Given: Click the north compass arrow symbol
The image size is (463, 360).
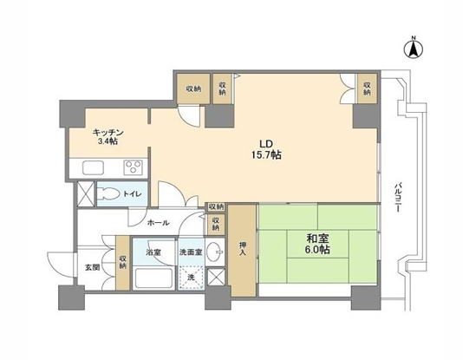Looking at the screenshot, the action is [x=414, y=49].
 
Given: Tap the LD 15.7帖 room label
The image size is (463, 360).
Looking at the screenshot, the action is [x=266, y=149].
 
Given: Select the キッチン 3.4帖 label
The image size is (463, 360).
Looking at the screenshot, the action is [x=108, y=136].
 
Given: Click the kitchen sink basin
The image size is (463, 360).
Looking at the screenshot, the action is [x=93, y=167].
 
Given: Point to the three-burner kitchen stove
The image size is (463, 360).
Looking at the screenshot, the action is [x=133, y=167].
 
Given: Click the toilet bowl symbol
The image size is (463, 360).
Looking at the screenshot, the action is [x=108, y=193].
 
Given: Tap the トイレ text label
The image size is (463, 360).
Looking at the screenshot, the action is [x=133, y=194].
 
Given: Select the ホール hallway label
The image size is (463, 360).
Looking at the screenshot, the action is [x=159, y=223].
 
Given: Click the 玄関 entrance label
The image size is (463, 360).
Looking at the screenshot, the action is [x=93, y=268].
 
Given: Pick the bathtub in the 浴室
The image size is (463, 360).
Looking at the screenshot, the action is [x=153, y=278].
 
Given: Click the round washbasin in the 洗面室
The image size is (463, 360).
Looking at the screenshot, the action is [x=214, y=252].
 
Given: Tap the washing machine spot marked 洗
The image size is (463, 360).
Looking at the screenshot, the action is [x=192, y=278].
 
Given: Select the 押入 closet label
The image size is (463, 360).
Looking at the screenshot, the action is [x=242, y=249].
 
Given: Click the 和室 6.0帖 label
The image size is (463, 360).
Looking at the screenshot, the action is [x=317, y=244].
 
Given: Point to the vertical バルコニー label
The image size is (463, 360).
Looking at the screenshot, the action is [x=397, y=197].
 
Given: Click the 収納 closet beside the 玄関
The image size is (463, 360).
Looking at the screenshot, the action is [x=122, y=263].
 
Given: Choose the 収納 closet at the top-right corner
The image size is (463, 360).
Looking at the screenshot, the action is [x=368, y=88].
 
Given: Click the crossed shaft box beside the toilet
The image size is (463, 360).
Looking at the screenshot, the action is [x=85, y=193].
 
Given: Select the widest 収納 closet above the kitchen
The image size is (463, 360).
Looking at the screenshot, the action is [x=193, y=88].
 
